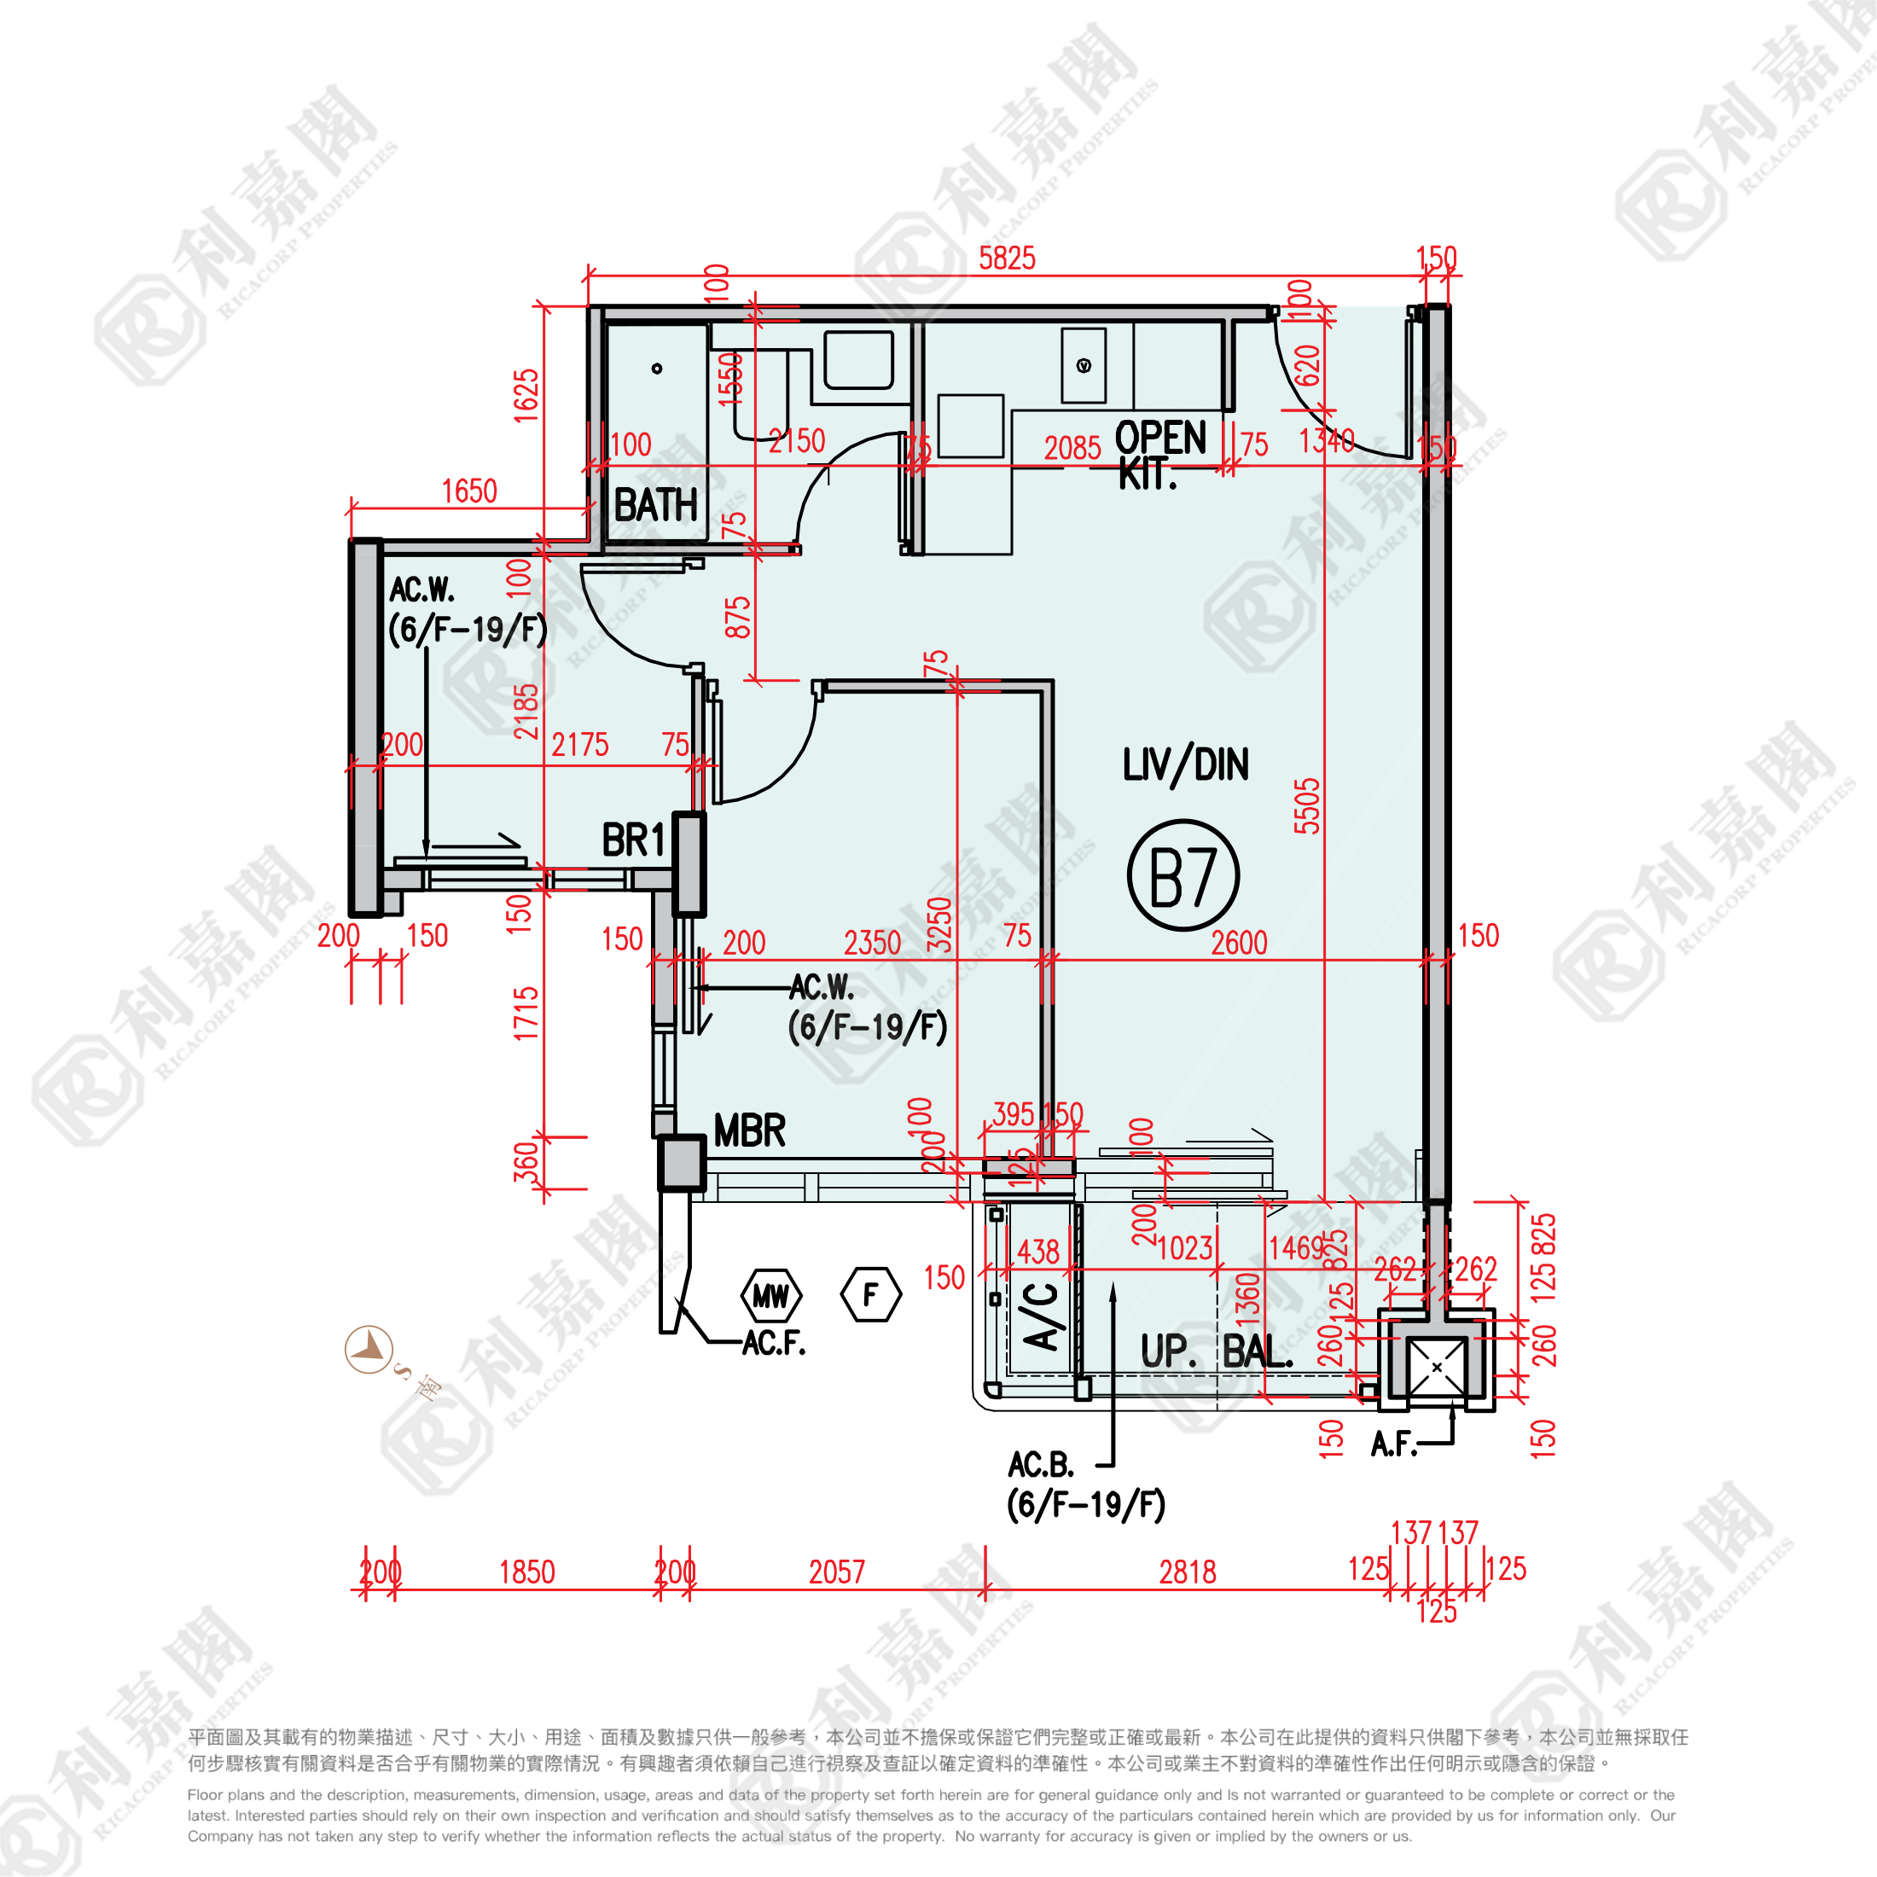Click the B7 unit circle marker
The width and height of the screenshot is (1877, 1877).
[1183, 875]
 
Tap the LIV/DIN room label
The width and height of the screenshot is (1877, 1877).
[1184, 765]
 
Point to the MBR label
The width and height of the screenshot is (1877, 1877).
[749, 1130]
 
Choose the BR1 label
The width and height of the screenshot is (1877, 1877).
[632, 840]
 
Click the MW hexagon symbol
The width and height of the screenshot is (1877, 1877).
[771, 1295]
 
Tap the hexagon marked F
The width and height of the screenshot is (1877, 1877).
[870, 1294]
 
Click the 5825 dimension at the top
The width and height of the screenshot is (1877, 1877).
[1007, 259]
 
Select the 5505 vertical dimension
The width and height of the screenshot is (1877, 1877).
[1308, 805]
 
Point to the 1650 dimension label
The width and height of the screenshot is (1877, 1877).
[469, 491]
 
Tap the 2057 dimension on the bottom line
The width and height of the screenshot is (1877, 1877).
[836, 1572]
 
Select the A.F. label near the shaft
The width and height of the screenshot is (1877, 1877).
[1393, 1444]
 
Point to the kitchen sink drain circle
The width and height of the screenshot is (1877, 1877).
[1084, 365]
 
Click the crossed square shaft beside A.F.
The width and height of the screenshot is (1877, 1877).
[1436, 1367]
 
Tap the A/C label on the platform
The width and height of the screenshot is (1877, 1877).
[1041, 1316]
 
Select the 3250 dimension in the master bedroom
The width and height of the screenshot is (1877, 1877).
[938, 924]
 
